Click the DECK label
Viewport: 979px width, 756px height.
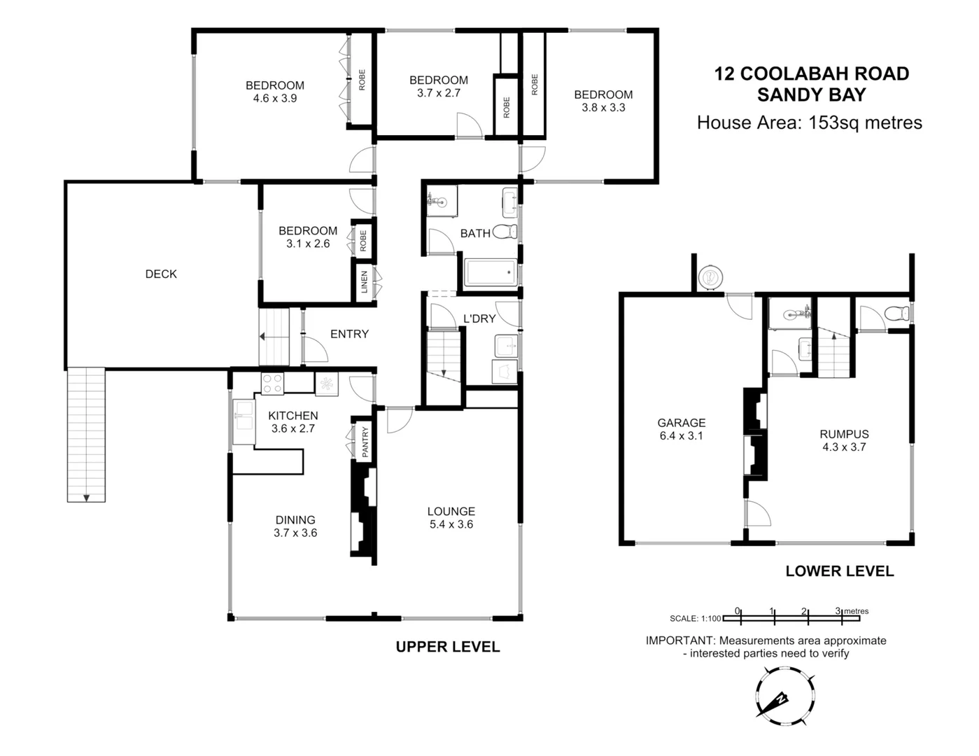pyautogui.click(x=161, y=274)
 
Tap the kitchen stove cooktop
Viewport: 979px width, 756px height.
pyautogui.click(x=272, y=384)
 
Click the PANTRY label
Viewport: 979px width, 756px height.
pyautogui.click(x=365, y=442)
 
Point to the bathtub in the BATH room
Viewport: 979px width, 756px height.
pyautogui.click(x=491, y=272)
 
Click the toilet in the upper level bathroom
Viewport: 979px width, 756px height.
pyautogui.click(x=505, y=232)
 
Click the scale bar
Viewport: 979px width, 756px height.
pyautogui.click(x=791, y=618)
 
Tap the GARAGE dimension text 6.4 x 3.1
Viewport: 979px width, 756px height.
pyautogui.click(x=681, y=435)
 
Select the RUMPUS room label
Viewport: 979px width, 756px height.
pyautogui.click(x=844, y=434)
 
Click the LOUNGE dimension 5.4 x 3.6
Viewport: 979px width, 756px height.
pyautogui.click(x=451, y=524)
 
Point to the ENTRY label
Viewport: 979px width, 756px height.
pyautogui.click(x=349, y=335)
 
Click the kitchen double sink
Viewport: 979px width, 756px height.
pyautogui.click(x=244, y=421)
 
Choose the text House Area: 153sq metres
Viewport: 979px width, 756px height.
pyautogui.click(x=809, y=123)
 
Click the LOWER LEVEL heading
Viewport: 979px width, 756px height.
pyautogui.click(x=839, y=571)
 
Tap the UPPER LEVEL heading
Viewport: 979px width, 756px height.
pyautogui.click(x=448, y=647)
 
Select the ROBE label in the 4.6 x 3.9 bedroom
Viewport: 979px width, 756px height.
pyautogui.click(x=362, y=79)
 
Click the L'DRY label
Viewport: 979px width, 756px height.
pyautogui.click(x=479, y=319)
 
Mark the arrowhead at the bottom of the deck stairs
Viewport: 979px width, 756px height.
pyautogui.click(x=86, y=498)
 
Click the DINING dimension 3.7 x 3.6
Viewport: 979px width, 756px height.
pyautogui.click(x=295, y=533)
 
